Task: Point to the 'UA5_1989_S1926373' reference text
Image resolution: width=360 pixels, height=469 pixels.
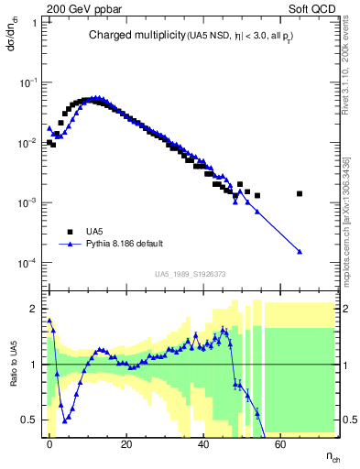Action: tap(191, 273)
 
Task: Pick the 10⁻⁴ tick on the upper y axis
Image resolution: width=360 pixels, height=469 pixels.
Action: tap(27, 263)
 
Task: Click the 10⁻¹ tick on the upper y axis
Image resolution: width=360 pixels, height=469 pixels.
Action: tap(27, 82)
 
